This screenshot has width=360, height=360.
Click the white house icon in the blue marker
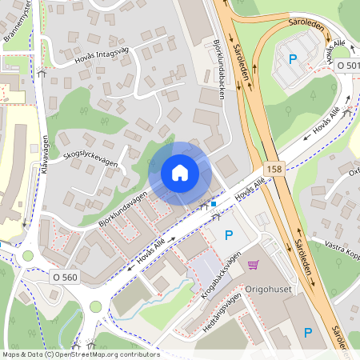click(x=180, y=173)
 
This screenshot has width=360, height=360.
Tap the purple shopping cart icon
click(x=254, y=265)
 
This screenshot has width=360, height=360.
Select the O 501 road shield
click(x=347, y=64)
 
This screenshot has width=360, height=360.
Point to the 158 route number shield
click(x=275, y=169)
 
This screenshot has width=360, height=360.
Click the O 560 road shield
click(x=65, y=277)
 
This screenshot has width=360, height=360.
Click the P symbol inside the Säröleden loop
click(x=293, y=58)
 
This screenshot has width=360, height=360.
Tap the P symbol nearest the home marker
click(x=229, y=234)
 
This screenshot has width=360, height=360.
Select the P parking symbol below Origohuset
click(x=307, y=331)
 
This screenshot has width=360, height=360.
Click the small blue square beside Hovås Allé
click(x=214, y=204)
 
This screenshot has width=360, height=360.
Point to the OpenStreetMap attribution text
click(x=80, y=354)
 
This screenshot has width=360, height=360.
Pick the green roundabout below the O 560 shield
click(x=97, y=306)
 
